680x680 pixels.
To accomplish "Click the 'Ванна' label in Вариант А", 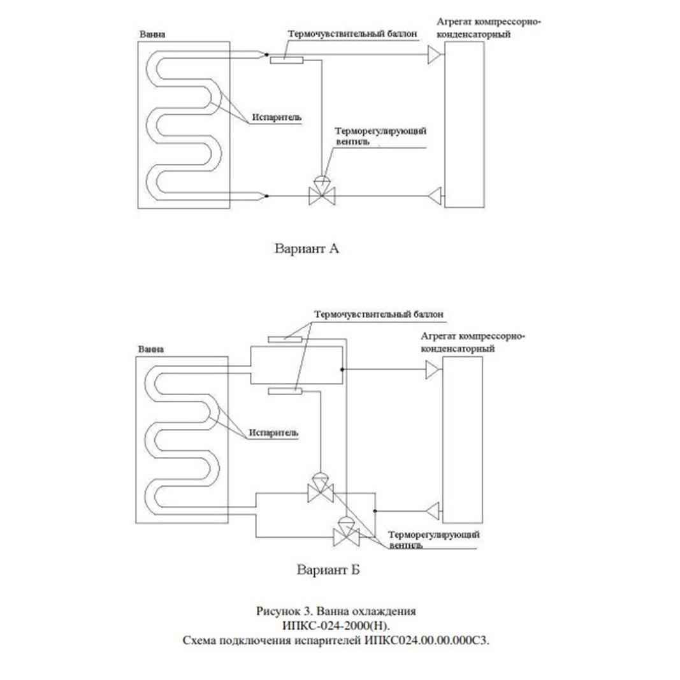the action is pyautogui.click(x=152, y=34).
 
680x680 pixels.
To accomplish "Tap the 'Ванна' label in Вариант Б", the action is pyautogui.click(x=151, y=349).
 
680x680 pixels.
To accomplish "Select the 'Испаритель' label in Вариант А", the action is pyautogui.click(x=277, y=117).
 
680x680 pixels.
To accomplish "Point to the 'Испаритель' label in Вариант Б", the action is pyautogui.click(x=273, y=433).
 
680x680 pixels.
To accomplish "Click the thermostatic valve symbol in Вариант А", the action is pyautogui.click(x=322, y=191).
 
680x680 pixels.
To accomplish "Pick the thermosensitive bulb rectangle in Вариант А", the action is pyautogui.click(x=287, y=60).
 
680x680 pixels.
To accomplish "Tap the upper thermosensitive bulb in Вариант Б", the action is pyautogui.click(x=284, y=339).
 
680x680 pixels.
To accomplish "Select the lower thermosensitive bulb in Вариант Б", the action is pyautogui.click(x=284, y=391).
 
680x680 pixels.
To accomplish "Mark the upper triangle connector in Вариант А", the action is pyautogui.click(x=435, y=55).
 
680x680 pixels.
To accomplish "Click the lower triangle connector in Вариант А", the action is pyautogui.click(x=435, y=196).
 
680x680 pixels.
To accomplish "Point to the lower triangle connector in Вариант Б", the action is pyautogui.click(x=433, y=511).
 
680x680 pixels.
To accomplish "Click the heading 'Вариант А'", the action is pyautogui.click(x=307, y=249).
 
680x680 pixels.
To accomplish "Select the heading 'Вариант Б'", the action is pyautogui.click(x=328, y=569).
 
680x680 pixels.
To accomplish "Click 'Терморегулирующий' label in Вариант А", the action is pyautogui.click(x=381, y=131).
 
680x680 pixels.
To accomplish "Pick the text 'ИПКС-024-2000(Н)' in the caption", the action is pyautogui.click(x=336, y=626).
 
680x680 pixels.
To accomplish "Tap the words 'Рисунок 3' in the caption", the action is pyautogui.click(x=284, y=611).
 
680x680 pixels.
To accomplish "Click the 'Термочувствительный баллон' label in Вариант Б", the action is pyautogui.click(x=379, y=314).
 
